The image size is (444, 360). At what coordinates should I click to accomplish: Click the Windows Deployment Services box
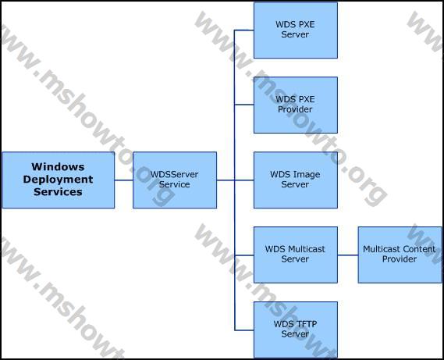59,180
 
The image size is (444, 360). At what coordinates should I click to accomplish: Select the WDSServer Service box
175,180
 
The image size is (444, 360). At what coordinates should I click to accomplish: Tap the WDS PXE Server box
296,30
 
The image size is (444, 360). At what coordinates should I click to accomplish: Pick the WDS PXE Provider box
296,105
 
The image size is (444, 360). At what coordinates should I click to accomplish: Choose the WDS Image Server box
296,180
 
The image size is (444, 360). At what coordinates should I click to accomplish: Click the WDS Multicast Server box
296,255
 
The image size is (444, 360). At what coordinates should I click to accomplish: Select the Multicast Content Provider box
400,255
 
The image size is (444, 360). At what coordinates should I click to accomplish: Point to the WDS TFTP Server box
296,330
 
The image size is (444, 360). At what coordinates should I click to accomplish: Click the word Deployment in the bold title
58,180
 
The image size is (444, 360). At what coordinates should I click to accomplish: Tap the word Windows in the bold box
58,166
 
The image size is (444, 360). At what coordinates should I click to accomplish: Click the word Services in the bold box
58,192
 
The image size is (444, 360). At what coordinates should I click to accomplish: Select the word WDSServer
174,174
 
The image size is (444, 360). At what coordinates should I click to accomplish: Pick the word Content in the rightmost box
421,249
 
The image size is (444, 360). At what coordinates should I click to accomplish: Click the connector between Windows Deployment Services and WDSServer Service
124,180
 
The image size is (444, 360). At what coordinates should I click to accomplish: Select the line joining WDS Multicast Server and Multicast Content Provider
348,255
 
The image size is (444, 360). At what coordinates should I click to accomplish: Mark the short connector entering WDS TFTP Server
244,330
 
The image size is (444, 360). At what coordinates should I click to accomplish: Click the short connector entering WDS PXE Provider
244,105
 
